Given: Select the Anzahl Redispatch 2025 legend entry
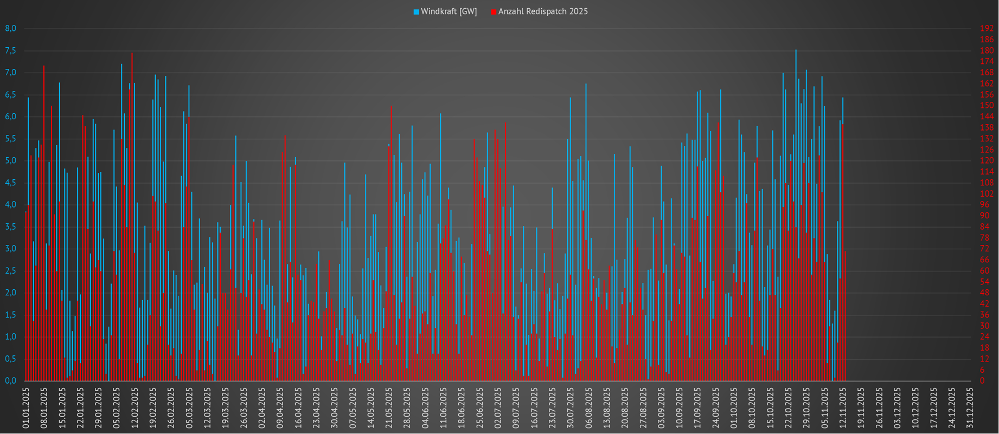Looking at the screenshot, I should [543, 11].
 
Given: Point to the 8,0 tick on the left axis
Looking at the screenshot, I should [11, 28].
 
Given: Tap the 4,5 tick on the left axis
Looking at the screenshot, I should [11, 183].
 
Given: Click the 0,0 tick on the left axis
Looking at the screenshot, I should [11, 381].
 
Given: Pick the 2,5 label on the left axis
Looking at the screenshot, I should [11, 271].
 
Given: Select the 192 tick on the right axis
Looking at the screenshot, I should [987, 28].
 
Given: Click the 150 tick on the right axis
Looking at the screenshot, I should [987, 106].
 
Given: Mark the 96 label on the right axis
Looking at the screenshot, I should [985, 205].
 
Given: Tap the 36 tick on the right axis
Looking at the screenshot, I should [985, 315].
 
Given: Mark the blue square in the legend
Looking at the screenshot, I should [417, 12].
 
